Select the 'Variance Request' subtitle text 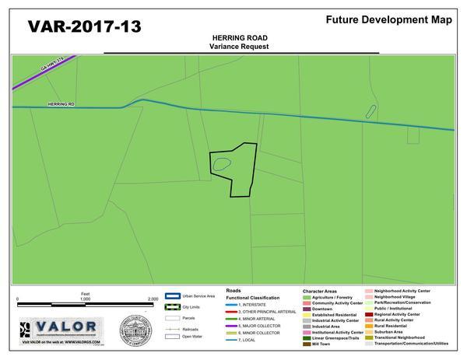[x=233, y=47]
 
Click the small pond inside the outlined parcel [x=221, y=163]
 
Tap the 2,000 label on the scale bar [x=153, y=298]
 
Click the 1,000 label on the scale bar [x=86, y=298]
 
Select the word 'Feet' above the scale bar [x=86, y=293]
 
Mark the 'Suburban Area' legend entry [x=392, y=332]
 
